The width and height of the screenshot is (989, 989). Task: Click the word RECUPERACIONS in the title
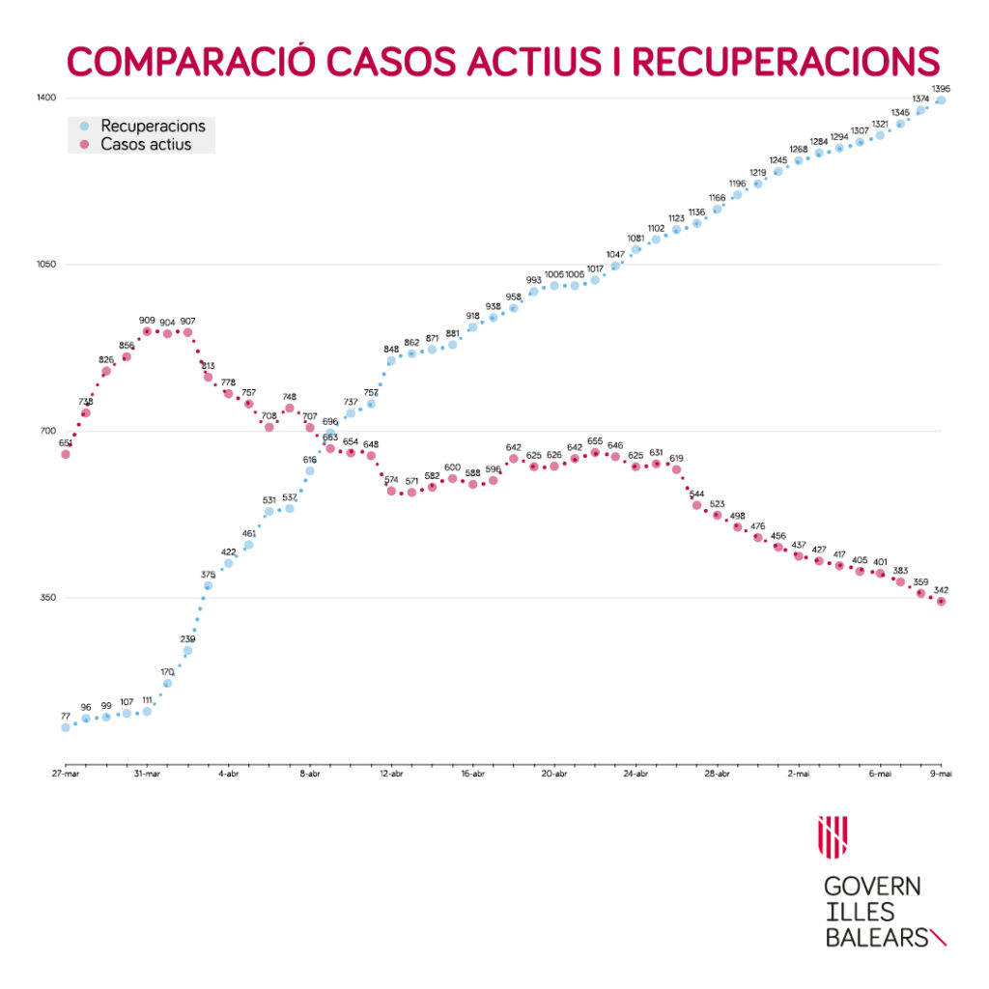[785, 60]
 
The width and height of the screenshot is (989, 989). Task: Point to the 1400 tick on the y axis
[47, 99]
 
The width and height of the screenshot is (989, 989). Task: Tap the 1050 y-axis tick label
[47, 265]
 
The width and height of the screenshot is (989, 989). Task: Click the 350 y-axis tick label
[48, 598]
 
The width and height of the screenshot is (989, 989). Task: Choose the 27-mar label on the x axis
[66, 774]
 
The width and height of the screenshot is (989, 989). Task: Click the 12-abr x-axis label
[391, 774]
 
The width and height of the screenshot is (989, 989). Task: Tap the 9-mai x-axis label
[941, 774]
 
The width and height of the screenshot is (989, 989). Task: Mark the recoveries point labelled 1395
[941, 100]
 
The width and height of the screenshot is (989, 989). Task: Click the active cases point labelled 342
[941, 602]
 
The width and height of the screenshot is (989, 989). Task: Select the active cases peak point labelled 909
[147, 331]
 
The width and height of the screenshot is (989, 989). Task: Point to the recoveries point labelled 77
[66, 727]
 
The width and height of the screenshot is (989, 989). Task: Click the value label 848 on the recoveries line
[391, 349]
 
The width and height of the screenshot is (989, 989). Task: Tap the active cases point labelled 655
[595, 452]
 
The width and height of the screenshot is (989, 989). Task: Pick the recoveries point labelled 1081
[636, 250]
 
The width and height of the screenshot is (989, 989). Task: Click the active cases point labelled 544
[696, 504]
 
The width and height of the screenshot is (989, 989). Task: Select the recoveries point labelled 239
[187, 651]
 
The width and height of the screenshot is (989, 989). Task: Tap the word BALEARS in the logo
[875, 937]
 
